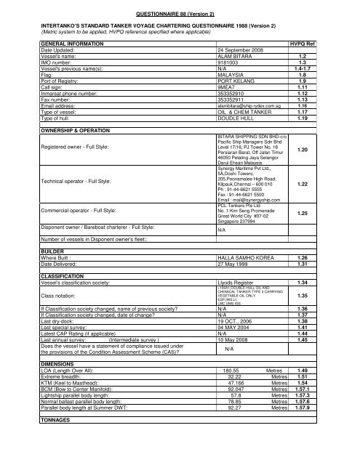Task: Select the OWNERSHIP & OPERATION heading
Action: coord(60,130)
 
